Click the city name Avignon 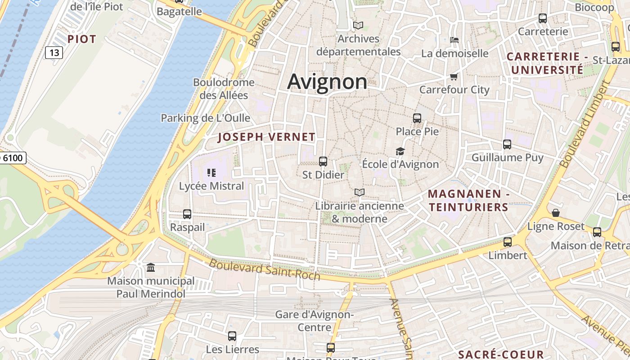(327, 82)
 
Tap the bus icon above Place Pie (417, 118)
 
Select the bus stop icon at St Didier (323, 161)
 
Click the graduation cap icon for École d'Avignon (400, 151)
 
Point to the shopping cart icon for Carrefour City (454, 76)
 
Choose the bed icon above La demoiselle (454, 40)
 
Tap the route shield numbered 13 (54, 53)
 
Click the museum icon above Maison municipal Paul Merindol (151, 268)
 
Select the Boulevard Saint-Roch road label (265, 270)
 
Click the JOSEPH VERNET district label (266, 137)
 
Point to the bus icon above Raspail (187, 214)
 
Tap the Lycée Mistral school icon (211, 172)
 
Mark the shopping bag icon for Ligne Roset (556, 213)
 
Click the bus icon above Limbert (508, 242)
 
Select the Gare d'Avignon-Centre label (314, 320)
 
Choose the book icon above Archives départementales (358, 26)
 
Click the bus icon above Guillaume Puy (507, 144)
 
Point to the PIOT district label (82, 39)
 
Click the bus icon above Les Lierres (232, 336)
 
